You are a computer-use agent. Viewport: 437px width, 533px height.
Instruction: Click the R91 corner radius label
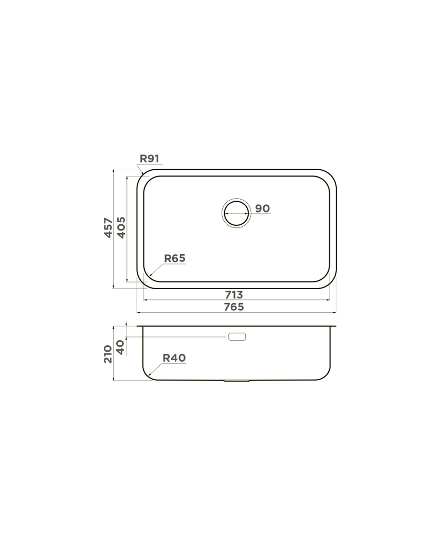click(150, 158)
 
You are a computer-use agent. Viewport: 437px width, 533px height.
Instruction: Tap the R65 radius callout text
click(175, 258)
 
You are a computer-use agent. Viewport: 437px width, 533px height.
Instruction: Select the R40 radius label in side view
click(174, 358)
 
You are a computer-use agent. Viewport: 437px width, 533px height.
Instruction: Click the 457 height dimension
click(108, 228)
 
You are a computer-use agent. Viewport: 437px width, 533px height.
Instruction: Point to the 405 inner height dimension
click(121, 228)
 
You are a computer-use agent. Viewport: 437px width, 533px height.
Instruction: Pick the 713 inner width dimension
click(234, 295)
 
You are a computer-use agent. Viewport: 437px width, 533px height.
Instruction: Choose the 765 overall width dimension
click(234, 307)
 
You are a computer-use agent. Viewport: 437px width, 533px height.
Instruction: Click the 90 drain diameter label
click(262, 208)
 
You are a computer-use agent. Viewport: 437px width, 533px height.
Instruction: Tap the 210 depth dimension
click(108, 354)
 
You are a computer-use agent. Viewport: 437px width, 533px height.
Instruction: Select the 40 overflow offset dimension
click(121, 347)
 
